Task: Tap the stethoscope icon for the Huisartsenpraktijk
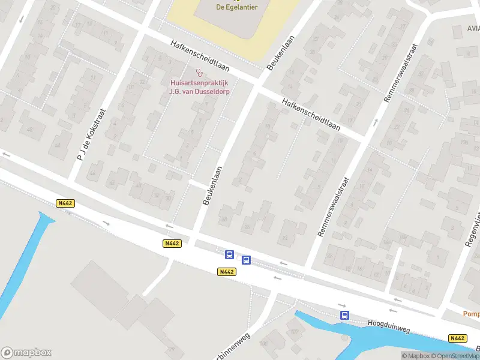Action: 199,73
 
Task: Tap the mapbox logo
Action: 26,352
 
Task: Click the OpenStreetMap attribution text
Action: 458,356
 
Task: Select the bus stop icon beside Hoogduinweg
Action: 344,315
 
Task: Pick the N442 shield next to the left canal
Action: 65,203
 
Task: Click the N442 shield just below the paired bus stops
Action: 226,272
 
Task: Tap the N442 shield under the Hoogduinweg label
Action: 457,338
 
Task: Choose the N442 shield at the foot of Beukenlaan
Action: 172,243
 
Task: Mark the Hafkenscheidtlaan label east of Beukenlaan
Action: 311,115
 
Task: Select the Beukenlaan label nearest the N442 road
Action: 214,186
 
